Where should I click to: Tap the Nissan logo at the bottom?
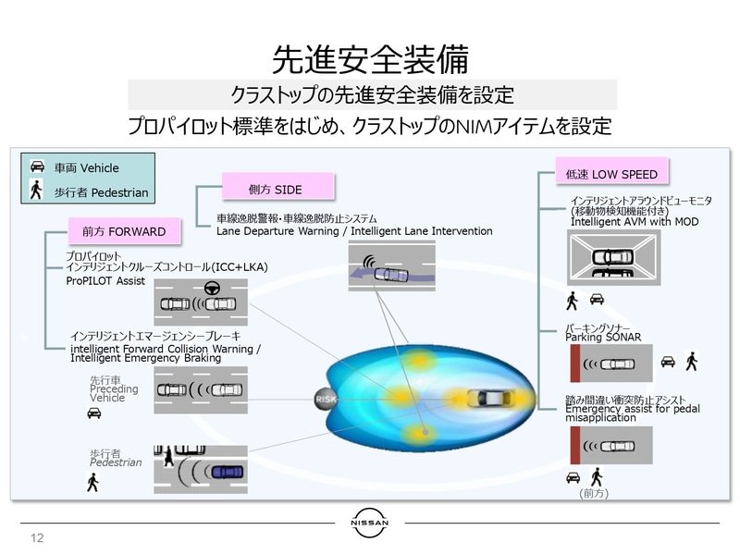(x=370, y=523)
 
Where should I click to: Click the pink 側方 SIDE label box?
(x=277, y=188)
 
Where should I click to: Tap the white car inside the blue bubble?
(x=489, y=400)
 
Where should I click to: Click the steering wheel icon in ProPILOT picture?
(x=211, y=289)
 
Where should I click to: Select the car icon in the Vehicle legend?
(x=38, y=167)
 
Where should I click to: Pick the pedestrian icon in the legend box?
(x=37, y=191)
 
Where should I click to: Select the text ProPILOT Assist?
(x=105, y=280)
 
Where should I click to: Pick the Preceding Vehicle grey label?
(x=114, y=389)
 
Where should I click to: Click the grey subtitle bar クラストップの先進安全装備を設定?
(x=372, y=94)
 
